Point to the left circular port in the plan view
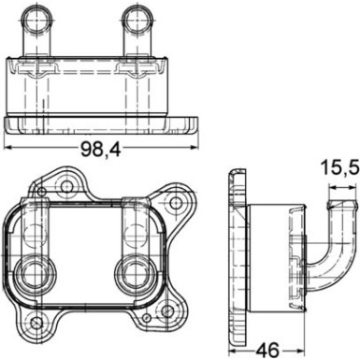pyautogui.click(x=37, y=274)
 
